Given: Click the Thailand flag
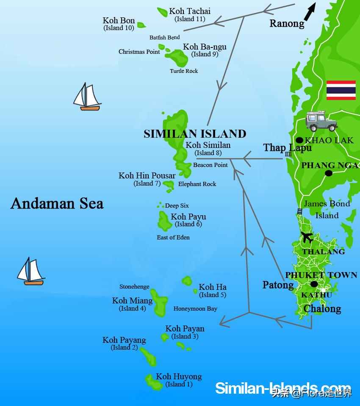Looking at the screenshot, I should point(341,90).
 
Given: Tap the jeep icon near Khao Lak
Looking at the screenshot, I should point(321,122).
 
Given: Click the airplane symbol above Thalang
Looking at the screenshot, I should point(307,237).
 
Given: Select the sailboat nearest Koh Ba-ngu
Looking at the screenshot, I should point(87,97).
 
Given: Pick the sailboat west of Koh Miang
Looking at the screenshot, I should point(30,271).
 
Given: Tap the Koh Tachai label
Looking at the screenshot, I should point(190,11).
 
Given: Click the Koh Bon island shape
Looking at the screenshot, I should point(141,25).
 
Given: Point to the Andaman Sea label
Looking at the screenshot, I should point(57,203).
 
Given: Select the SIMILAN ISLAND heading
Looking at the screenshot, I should point(195,134).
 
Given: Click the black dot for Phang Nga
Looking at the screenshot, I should point(328,173).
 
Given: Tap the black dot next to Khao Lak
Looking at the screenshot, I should point(299,140).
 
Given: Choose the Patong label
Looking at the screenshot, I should point(278,285).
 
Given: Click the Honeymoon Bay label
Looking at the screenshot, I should point(195,309).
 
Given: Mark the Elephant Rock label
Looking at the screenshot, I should point(197,184).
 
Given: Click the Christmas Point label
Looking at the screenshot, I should point(139,52).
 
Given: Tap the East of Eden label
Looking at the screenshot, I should point(173,237).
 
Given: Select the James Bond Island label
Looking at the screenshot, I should point(327,209).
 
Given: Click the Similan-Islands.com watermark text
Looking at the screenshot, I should point(283,388).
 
